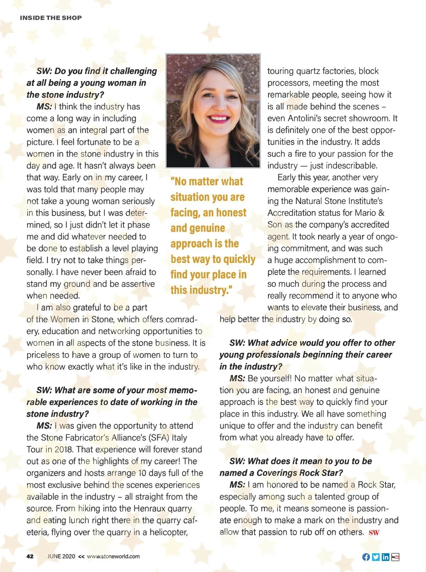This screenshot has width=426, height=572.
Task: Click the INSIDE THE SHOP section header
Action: coord(51,18)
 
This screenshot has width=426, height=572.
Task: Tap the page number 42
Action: coord(30,556)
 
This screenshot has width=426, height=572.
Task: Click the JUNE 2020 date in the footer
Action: coord(61,556)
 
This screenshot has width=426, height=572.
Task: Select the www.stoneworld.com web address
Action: coord(113,556)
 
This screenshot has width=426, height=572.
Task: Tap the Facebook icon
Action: coord(366,557)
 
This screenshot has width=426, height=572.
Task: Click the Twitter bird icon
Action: coord(376,557)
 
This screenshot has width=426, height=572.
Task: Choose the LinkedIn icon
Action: coord(386,557)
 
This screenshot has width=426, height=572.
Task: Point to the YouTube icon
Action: coord(395,557)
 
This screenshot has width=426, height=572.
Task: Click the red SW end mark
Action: coord(374,533)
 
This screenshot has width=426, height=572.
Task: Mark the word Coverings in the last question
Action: coord(277,473)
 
